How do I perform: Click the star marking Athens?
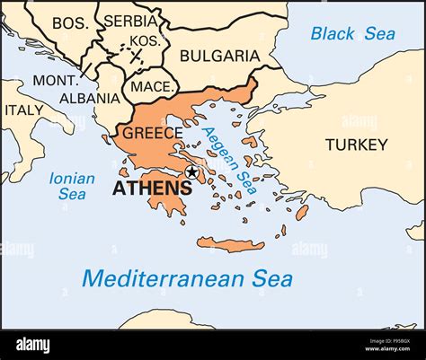click(191, 172)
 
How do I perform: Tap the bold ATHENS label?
click(152, 189)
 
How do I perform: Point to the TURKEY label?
click(357, 144)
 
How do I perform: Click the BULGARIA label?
click(219, 56)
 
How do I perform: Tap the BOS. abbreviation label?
click(70, 22)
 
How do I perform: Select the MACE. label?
click(146, 86)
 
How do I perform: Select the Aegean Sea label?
click(229, 160)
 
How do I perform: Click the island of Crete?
click(231, 243)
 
